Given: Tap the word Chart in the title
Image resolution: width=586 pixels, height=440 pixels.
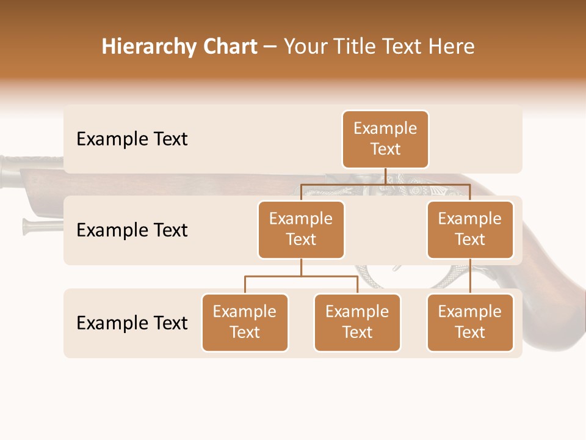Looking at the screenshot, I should [x=226, y=47].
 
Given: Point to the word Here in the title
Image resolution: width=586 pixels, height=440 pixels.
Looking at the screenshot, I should [x=452, y=47].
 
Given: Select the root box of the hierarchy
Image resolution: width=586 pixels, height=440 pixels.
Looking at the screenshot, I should [x=385, y=139].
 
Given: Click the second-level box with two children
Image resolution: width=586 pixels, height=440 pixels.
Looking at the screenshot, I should [x=301, y=230].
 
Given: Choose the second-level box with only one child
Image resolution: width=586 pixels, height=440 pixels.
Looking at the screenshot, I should [x=470, y=230].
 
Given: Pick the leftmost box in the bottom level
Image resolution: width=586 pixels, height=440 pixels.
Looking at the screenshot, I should [x=245, y=323].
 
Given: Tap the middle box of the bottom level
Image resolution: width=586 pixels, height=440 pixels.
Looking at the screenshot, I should [x=357, y=323].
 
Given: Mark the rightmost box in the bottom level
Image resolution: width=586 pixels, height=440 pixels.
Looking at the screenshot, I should [x=470, y=323].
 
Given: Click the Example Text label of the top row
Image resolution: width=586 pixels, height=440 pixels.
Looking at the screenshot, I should [x=132, y=139].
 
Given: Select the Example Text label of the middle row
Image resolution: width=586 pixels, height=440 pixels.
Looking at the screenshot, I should [x=132, y=230].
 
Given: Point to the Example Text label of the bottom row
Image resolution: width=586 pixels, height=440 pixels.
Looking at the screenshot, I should [x=132, y=323].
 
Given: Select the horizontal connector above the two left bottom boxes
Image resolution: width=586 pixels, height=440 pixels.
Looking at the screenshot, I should [x=301, y=276].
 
